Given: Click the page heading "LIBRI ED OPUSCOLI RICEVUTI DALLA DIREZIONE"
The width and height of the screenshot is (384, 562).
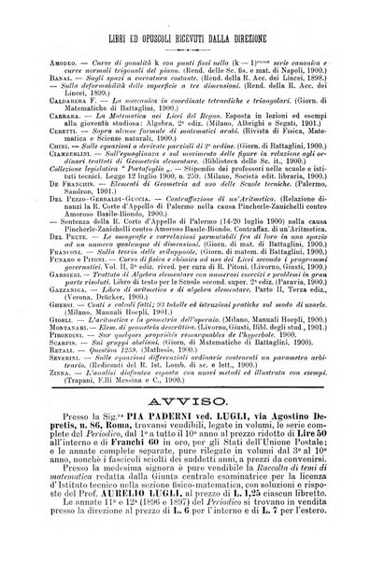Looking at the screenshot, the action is (191, 40).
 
